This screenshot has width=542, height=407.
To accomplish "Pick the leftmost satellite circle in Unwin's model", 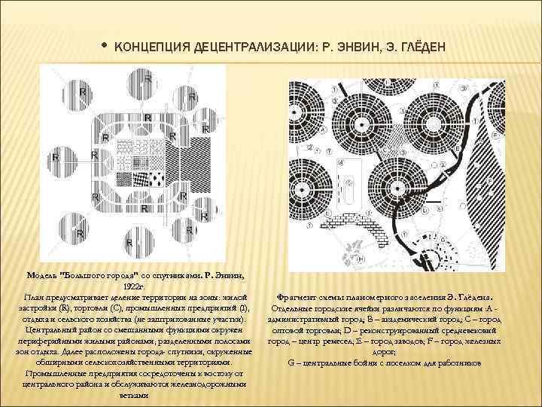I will [x=54, y=158].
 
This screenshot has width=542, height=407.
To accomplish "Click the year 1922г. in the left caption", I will [x=135, y=287].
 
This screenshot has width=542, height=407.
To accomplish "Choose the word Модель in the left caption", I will [x=43, y=276].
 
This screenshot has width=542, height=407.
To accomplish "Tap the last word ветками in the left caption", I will [x=135, y=394].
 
